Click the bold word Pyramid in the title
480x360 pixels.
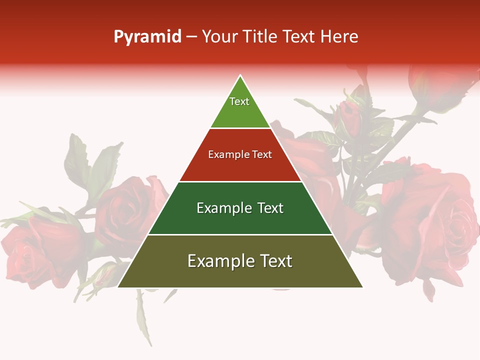point(147,37)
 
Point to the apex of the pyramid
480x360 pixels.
point(240,76)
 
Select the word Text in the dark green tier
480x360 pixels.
point(268,208)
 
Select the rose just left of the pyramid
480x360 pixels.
point(127,210)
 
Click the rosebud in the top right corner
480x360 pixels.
point(435,85)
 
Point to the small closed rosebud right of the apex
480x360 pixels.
point(350,117)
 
